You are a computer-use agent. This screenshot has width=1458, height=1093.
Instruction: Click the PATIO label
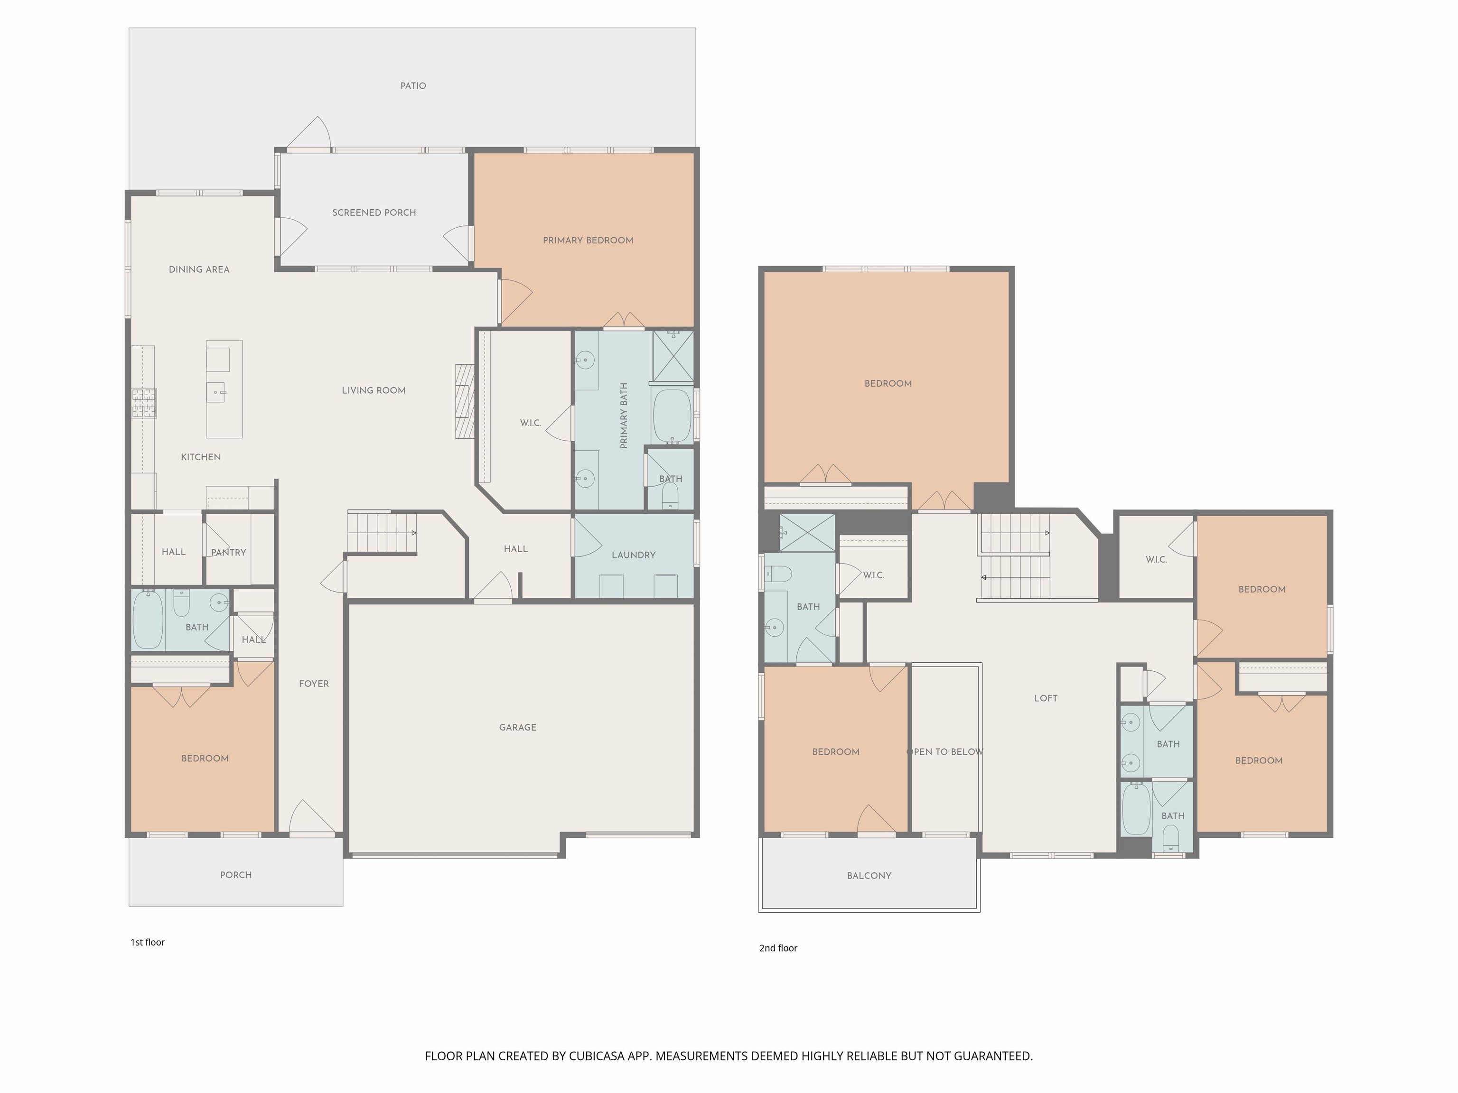click(413, 86)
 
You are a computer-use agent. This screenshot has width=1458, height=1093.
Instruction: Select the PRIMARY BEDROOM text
click(588, 241)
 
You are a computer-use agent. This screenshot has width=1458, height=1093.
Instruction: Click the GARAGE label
click(517, 727)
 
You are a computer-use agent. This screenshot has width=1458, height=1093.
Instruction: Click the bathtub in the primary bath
click(672, 416)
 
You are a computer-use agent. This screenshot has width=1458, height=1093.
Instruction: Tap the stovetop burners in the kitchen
click(144, 403)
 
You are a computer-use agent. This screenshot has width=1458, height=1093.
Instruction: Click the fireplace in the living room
click(465, 401)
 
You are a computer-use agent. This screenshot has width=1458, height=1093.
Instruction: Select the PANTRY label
click(229, 553)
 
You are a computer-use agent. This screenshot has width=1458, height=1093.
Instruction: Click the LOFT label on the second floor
click(1046, 698)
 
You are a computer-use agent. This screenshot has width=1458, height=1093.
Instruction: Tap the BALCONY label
click(869, 876)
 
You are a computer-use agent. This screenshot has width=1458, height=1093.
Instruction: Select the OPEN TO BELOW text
click(945, 752)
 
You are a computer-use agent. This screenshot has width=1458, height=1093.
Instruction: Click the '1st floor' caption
click(148, 942)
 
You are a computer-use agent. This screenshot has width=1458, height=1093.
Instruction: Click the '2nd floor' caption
click(778, 948)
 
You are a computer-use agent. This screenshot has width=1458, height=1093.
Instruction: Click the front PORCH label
click(236, 875)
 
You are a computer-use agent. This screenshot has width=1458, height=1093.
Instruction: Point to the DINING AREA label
click(199, 269)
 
